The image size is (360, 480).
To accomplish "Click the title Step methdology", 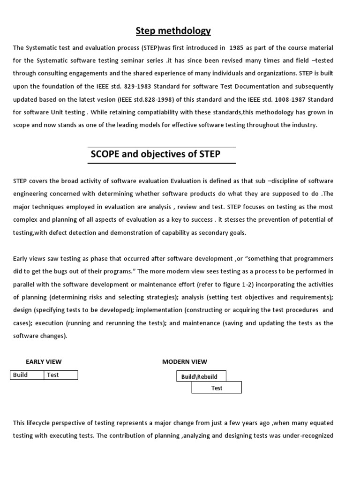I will coord(173,31).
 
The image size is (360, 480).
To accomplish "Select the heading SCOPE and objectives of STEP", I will coord(155,154).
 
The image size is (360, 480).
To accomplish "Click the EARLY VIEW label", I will coord(43,361).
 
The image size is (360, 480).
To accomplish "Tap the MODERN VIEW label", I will coord(184,361).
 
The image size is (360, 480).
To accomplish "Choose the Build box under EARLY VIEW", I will coord(27,375).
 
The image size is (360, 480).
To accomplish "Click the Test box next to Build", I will coord(61,375).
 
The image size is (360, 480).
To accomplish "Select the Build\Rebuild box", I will coord(201,376).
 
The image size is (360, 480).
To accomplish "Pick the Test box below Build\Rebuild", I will coord(217,388).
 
